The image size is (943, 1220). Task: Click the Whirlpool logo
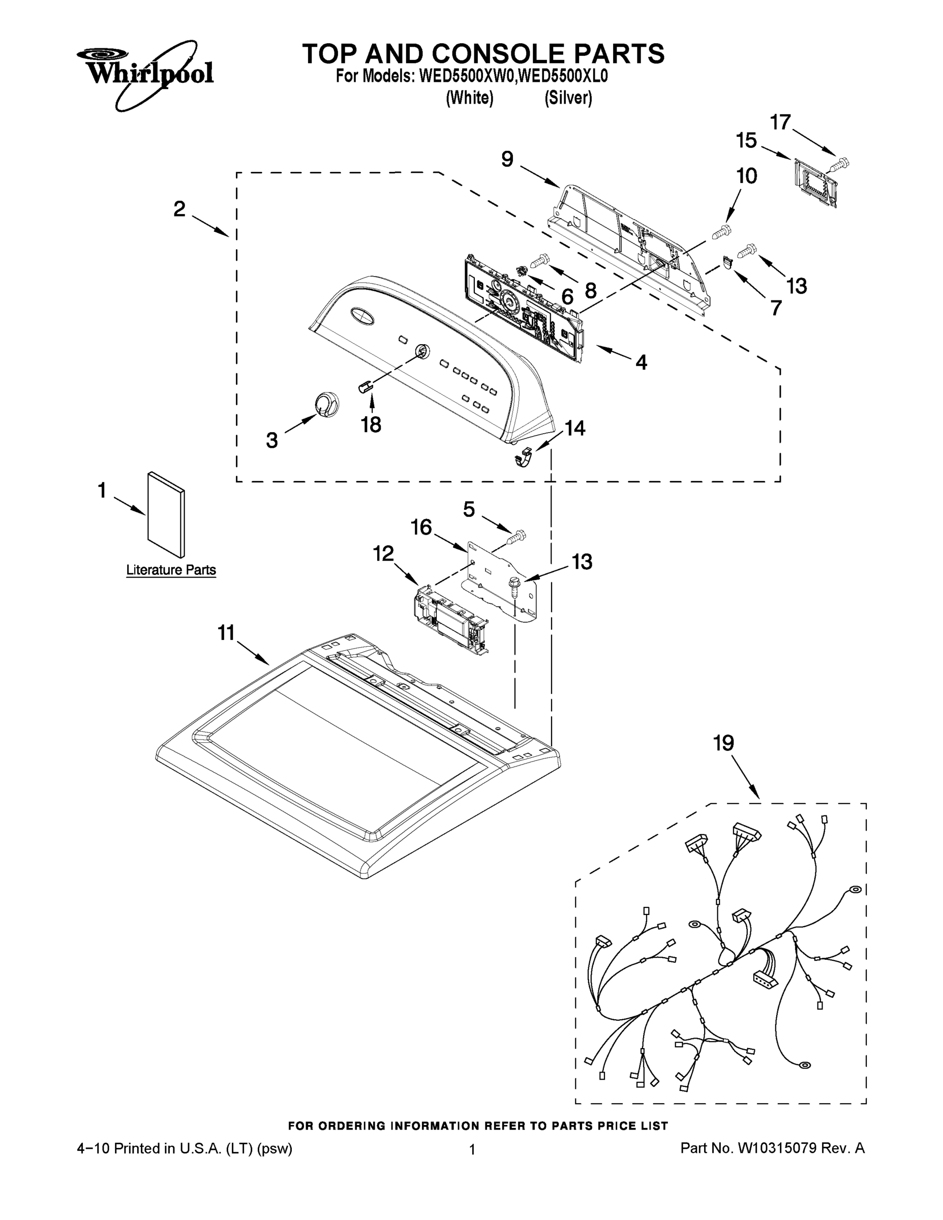145,73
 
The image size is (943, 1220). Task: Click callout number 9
507,159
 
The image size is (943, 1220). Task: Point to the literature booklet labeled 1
166,514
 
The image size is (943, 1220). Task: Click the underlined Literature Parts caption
171,570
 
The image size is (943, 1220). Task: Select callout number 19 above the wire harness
723,744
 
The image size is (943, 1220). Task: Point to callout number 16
421,526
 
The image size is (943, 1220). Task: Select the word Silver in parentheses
568,98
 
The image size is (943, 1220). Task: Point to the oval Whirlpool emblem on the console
361,316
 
